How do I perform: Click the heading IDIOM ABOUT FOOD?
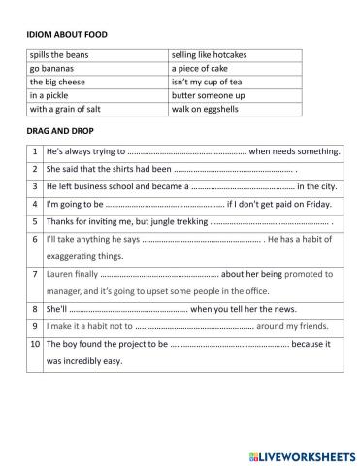pyautogui.click(x=67, y=35)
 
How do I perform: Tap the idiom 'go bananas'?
pyautogui.click(x=53, y=69)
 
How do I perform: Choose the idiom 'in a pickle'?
pyautogui.click(x=52, y=96)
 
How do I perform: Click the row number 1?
pyautogui.click(x=36, y=152)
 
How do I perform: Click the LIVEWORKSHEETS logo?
pyautogui.click(x=302, y=453)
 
